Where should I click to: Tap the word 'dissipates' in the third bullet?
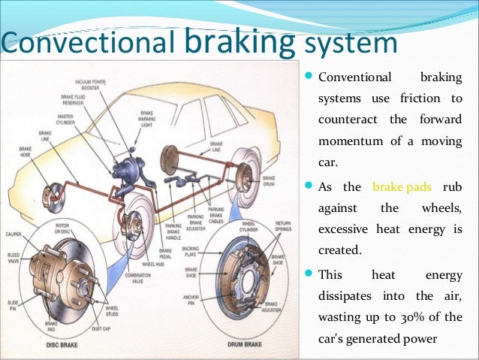click(x=347, y=295)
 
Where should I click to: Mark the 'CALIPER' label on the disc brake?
click(x=14, y=234)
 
